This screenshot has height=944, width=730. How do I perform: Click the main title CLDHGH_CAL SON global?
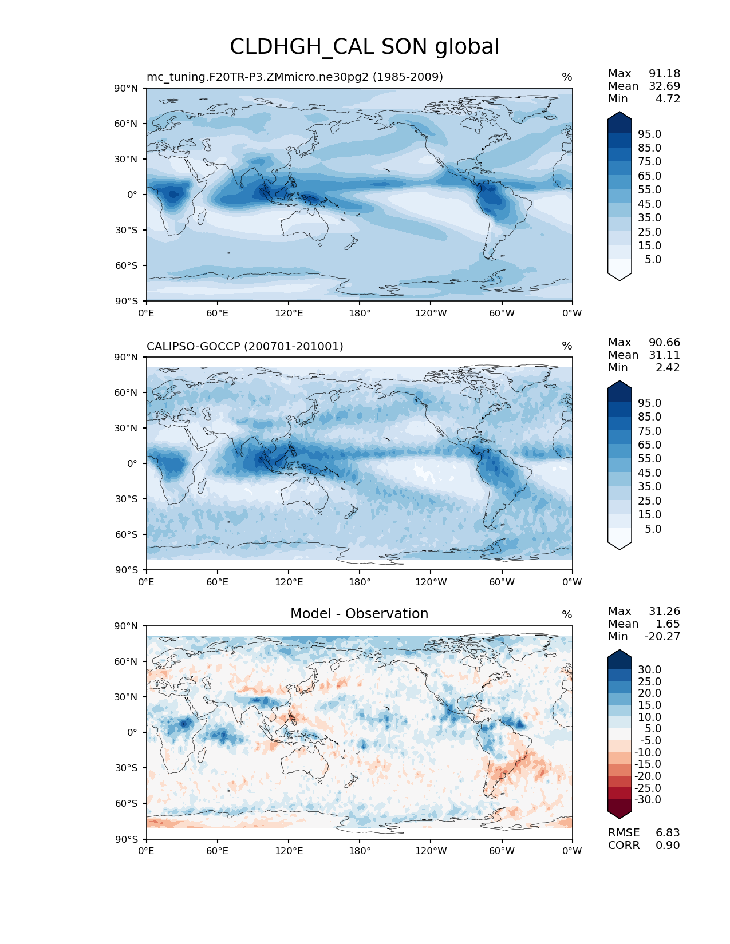[364, 47]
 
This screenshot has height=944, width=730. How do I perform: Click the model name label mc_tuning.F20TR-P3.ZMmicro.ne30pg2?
[294, 77]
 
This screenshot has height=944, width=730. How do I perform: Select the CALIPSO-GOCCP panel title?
[244, 346]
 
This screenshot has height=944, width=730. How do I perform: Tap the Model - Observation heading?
[359, 614]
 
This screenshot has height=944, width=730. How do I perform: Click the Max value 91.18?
[664, 73]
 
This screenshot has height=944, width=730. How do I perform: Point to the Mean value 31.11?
[664, 355]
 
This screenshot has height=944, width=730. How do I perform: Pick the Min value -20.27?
[662, 636]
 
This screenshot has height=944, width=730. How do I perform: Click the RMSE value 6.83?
[668, 832]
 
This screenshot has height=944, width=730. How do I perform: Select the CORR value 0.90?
[668, 845]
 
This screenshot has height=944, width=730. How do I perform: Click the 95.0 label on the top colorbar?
[649, 134]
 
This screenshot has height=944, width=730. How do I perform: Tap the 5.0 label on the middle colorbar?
[653, 529]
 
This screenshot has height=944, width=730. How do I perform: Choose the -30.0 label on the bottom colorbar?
[648, 799]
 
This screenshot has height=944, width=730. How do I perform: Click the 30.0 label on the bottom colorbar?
[649, 669]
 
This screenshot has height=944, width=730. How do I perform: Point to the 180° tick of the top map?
[360, 313]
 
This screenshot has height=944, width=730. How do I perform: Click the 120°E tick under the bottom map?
[289, 851]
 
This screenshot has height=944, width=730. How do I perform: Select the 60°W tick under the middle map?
[502, 582]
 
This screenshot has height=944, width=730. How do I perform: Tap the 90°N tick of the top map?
[127, 88]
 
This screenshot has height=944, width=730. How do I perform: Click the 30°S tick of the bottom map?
[127, 768]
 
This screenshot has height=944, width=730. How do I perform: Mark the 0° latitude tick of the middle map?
[132, 463]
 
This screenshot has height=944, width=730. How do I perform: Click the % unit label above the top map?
[567, 77]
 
